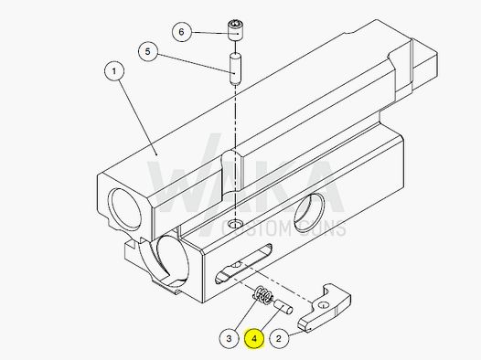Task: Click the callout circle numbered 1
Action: tap(114, 70)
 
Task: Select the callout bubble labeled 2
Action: tap(280, 338)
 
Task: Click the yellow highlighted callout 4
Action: tap(253, 338)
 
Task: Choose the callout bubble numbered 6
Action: tap(181, 32)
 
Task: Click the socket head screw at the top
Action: tap(237, 30)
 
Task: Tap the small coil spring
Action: tap(261, 296)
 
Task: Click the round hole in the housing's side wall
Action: tap(316, 207)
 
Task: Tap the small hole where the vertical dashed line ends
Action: tap(237, 224)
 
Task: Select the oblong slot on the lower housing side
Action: tap(243, 265)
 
